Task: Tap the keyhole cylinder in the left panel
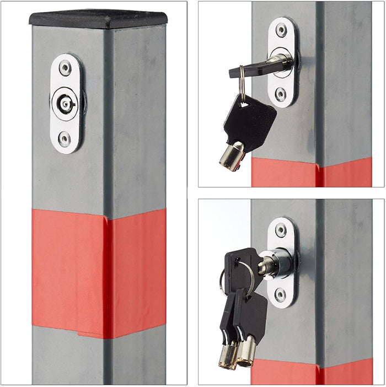[x=65, y=103]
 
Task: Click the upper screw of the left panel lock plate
[x=65, y=68]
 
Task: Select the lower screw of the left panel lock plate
[x=65, y=138]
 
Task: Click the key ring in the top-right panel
[x=242, y=88]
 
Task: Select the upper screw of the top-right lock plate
[x=282, y=30]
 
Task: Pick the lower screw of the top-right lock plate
[x=282, y=94]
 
